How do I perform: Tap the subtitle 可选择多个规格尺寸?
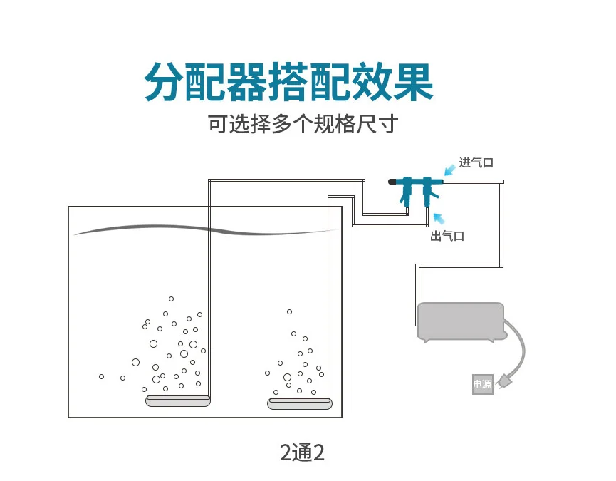(x=302, y=124)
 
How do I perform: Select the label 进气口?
(x=476, y=162)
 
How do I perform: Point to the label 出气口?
(x=447, y=236)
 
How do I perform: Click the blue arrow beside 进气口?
(x=450, y=170)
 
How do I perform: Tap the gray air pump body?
(x=461, y=321)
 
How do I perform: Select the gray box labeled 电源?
(x=482, y=384)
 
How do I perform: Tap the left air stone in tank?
(x=178, y=400)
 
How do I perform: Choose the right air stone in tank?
(x=300, y=404)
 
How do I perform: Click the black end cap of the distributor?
(x=392, y=182)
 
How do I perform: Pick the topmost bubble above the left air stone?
(x=171, y=299)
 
